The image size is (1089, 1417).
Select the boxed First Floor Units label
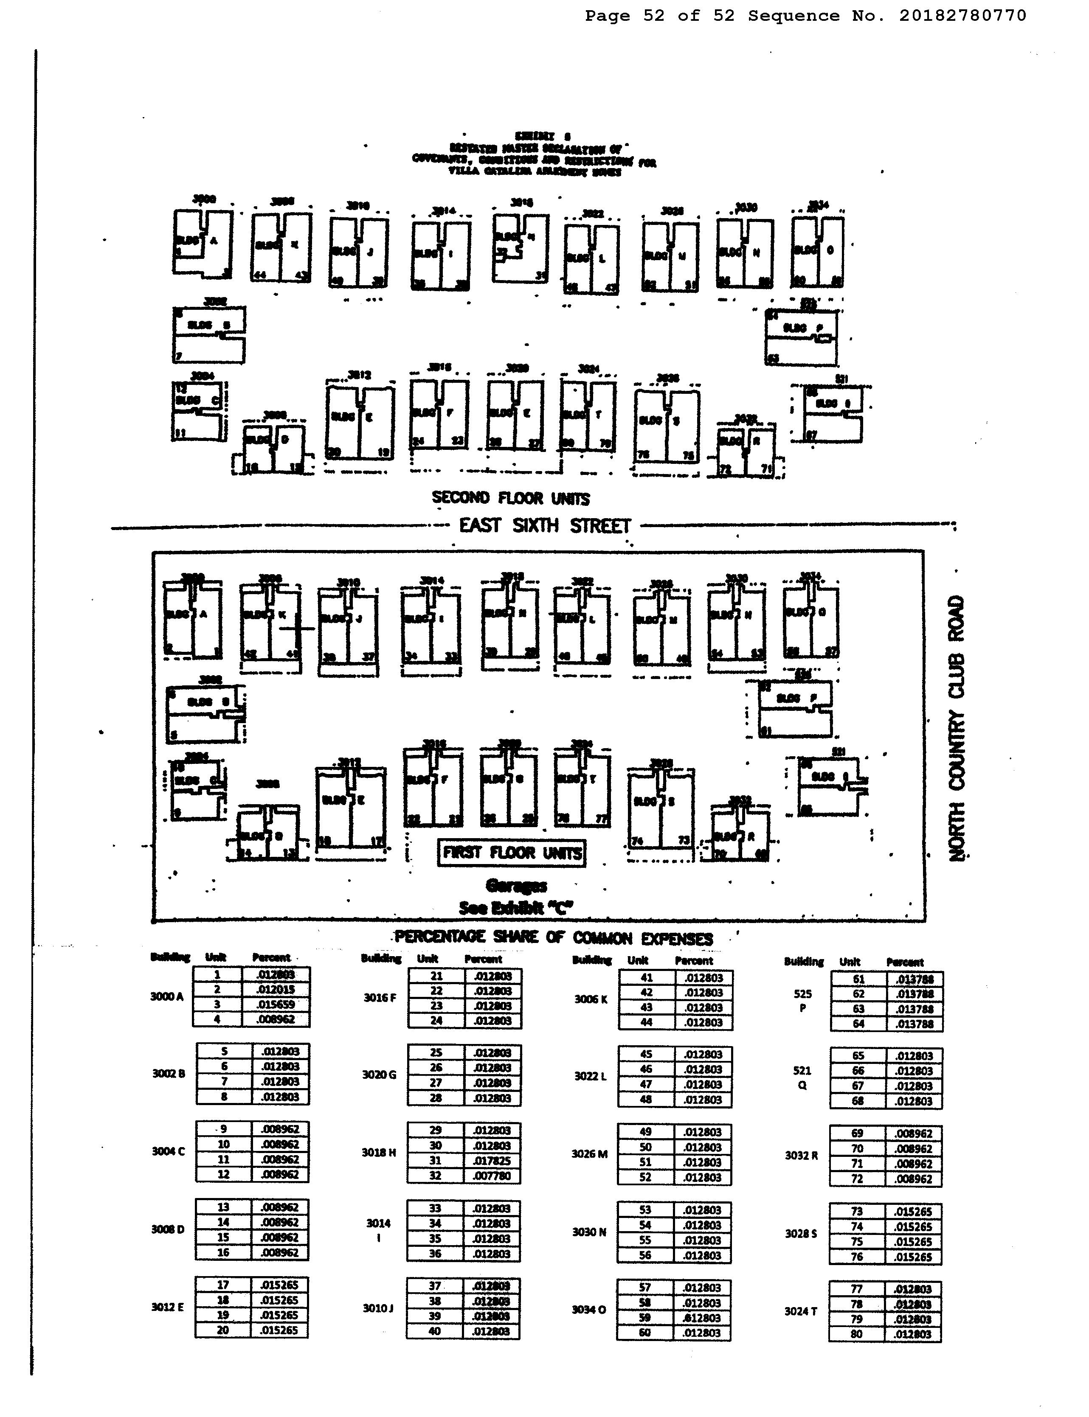[x=512, y=853]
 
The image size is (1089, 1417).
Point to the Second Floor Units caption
[x=511, y=498]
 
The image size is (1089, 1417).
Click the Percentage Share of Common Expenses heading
[x=554, y=937]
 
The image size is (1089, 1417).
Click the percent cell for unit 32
[x=492, y=1176]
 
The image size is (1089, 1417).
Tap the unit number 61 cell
[x=858, y=979]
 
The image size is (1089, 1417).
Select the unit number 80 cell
[x=857, y=1334]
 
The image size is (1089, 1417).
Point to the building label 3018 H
[x=379, y=1153]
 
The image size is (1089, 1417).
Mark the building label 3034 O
[x=588, y=1310]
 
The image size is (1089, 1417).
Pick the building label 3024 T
[x=801, y=1311]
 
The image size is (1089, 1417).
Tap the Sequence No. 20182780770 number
[x=962, y=16]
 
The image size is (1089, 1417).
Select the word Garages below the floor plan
[x=516, y=886]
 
